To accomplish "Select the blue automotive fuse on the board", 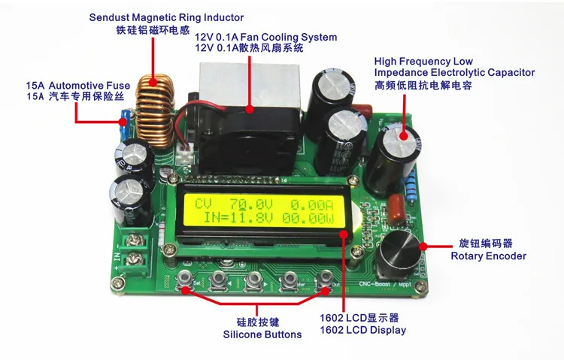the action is (125, 126).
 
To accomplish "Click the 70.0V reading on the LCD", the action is (251, 204).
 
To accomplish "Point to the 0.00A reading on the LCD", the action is (312, 205).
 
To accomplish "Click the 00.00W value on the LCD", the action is (308, 219).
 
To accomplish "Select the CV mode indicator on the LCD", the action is (203, 204).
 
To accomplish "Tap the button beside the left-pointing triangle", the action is (219, 279).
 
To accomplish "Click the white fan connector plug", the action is (185, 155).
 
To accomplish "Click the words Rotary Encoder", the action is (489, 256).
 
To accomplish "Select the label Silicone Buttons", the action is (262, 334).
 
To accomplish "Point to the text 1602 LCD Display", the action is (363, 330).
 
